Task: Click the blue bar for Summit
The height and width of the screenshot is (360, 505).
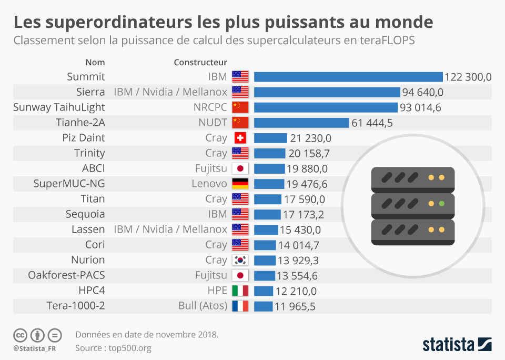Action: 348,77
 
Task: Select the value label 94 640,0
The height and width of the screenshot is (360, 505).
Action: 423,92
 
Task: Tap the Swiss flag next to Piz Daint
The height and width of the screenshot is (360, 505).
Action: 240,138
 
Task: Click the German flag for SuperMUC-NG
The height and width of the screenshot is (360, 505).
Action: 240,184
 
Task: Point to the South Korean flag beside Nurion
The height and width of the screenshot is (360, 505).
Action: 240,260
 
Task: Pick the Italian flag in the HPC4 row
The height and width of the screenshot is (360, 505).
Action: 240,291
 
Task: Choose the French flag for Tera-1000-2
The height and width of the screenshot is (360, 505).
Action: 240,306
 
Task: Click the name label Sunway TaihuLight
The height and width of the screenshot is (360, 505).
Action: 59,107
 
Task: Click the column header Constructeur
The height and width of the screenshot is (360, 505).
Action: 200,63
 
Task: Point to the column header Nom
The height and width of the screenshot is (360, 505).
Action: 95,63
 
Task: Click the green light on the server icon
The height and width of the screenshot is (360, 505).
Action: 442,203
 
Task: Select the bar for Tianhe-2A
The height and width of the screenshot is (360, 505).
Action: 301,123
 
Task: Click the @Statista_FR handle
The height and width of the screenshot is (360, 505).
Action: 35,348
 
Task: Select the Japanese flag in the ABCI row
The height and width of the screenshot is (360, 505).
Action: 240,168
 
